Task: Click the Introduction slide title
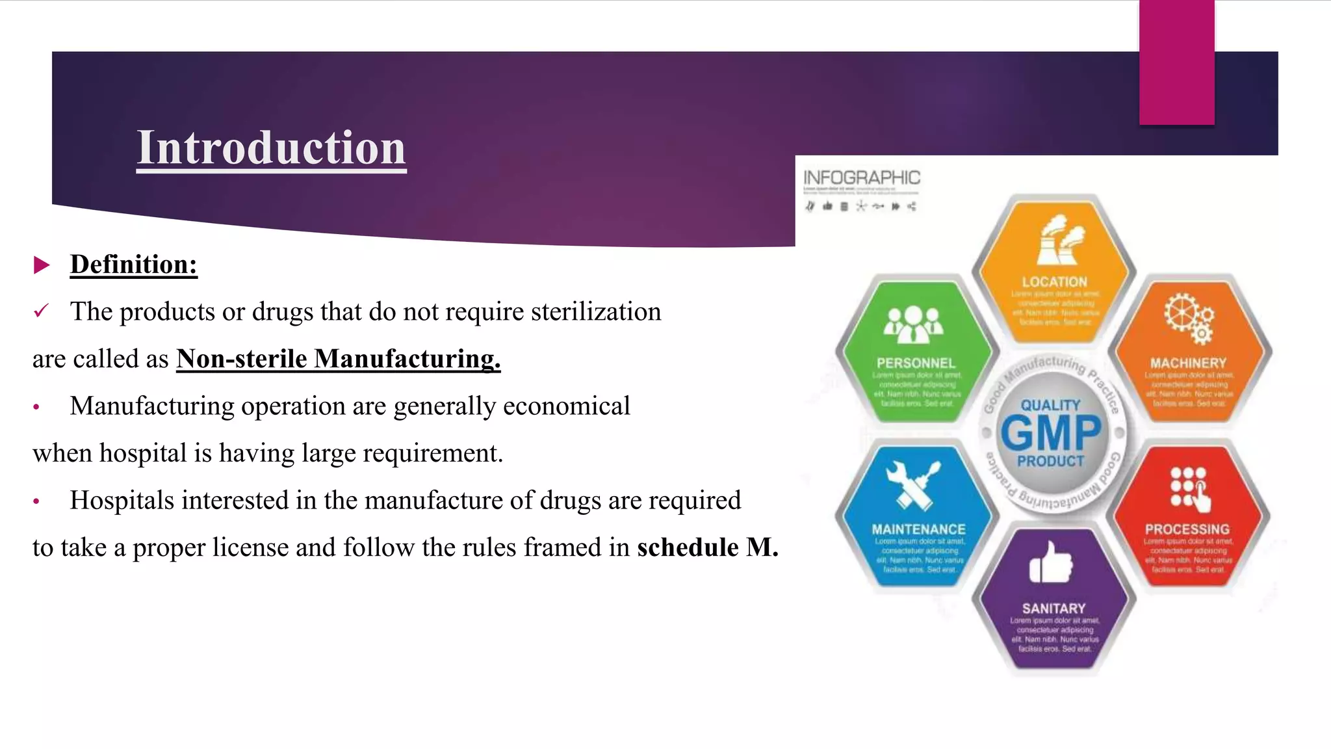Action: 271,148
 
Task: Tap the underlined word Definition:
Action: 133,265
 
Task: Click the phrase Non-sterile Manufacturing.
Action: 338,359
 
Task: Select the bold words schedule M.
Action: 707,547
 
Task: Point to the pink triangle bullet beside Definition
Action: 42,265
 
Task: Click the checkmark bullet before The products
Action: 40,311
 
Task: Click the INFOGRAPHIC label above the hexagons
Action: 862,177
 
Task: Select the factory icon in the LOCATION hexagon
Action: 1059,241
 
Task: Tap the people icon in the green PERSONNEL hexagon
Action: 913,324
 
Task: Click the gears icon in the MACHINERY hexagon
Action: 1189,318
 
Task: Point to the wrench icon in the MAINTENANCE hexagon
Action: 913,484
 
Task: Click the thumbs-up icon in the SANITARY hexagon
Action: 1050,562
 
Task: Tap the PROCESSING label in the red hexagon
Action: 1187,529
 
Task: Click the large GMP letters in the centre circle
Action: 1051,433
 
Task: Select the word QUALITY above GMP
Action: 1050,405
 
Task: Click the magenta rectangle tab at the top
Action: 1176,62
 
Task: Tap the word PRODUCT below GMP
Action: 1050,461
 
